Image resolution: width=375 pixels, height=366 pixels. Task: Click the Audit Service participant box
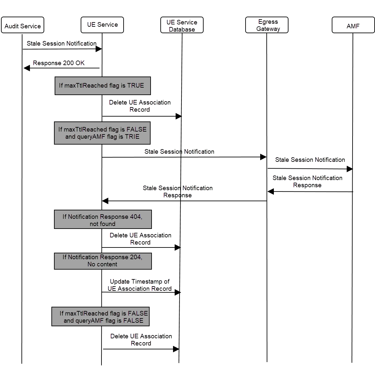[x=22, y=25]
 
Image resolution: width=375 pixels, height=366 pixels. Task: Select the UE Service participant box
[x=102, y=25]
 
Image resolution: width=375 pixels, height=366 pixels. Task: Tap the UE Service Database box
[x=182, y=25]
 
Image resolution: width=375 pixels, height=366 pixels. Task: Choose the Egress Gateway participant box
[x=267, y=25]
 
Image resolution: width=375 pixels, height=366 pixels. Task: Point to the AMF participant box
[x=353, y=25]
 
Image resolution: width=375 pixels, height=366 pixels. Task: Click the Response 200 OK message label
[x=59, y=63]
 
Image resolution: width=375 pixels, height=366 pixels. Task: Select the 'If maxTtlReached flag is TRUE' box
[x=102, y=86]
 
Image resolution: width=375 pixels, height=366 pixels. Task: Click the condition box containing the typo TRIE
[x=102, y=133]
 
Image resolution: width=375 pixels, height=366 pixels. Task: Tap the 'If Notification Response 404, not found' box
[x=102, y=219]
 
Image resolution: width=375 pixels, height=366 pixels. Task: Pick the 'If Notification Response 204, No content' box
[x=102, y=261]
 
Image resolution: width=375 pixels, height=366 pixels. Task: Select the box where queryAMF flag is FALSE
[x=100, y=317]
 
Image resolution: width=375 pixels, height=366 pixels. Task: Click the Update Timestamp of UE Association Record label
[x=140, y=285]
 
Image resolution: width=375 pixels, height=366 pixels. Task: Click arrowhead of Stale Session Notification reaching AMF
[x=350, y=169]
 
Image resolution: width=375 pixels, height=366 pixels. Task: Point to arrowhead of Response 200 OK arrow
[x=27, y=68]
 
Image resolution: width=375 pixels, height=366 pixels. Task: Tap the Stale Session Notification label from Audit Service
[x=61, y=43]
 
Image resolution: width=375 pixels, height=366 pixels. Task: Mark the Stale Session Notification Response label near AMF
[x=307, y=181]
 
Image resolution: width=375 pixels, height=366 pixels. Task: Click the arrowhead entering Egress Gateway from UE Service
[x=263, y=157]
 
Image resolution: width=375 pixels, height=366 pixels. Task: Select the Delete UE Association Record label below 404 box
[x=140, y=239]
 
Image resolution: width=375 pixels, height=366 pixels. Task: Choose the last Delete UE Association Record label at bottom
[x=141, y=340]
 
